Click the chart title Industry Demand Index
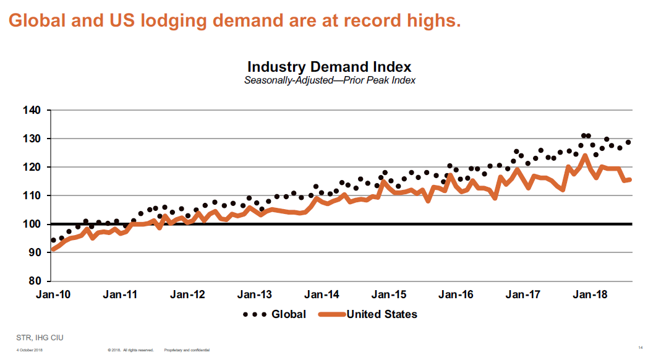coord(329,67)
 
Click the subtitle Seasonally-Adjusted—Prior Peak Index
coord(330,80)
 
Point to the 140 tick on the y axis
coord(32,111)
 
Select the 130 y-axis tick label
coord(32,139)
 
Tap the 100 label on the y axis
coord(32,224)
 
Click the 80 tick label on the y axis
coord(35,281)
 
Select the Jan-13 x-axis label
coord(255,294)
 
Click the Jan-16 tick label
coord(456,294)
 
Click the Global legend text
coord(289,314)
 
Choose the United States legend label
coord(382,314)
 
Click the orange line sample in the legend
coord(331,314)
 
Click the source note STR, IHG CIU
coord(40,337)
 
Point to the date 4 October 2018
coord(30,350)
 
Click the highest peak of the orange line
coord(584,155)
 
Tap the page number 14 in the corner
coord(639,345)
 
